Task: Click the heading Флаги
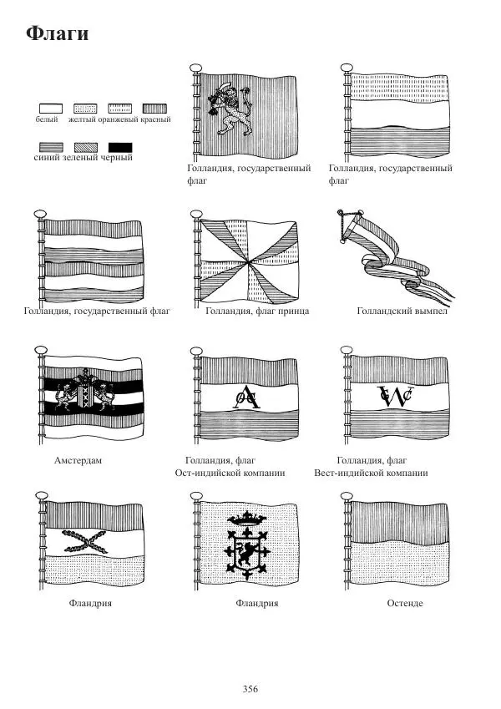pyautogui.click(x=57, y=34)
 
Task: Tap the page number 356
pyautogui.click(x=250, y=689)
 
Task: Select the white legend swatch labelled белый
pyautogui.click(x=51, y=109)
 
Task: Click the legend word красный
pyautogui.click(x=155, y=120)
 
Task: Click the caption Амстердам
pyautogui.click(x=78, y=460)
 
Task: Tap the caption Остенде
pyautogui.click(x=405, y=603)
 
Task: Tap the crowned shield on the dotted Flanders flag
pyautogui.click(x=247, y=544)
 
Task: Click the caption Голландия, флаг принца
pyautogui.click(x=257, y=311)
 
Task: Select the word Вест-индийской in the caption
pyautogui.click(x=347, y=473)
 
